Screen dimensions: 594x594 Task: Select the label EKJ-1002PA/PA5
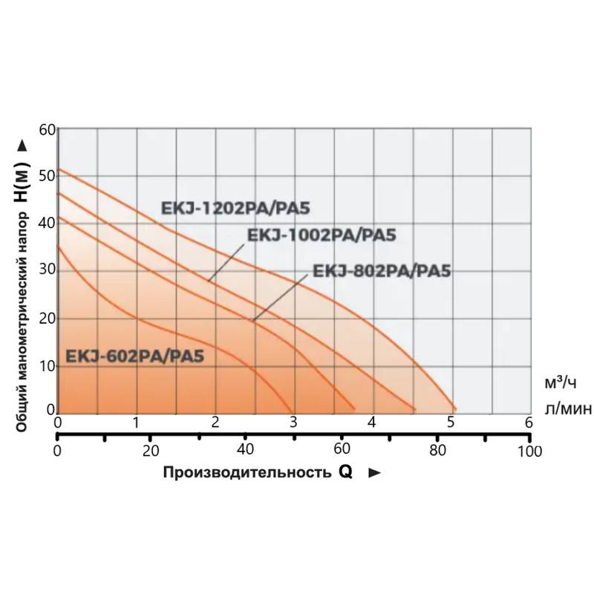point(321,235)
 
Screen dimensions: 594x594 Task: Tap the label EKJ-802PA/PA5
point(382,270)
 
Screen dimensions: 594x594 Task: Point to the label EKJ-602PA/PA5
point(135,356)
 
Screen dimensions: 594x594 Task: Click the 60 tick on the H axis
point(48,129)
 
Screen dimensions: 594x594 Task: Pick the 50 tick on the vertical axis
point(48,177)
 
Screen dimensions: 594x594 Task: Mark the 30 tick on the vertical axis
point(48,271)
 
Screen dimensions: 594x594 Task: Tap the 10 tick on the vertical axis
point(48,365)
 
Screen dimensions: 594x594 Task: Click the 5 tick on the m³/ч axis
point(451,423)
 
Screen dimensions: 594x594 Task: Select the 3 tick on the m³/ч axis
point(293,423)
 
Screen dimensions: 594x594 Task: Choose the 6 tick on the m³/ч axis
point(529,423)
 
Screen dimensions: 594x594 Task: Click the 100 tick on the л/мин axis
point(529,451)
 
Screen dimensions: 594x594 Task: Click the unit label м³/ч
point(561,383)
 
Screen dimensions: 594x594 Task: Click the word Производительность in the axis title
point(244,473)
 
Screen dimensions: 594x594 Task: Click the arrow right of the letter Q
point(374,473)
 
